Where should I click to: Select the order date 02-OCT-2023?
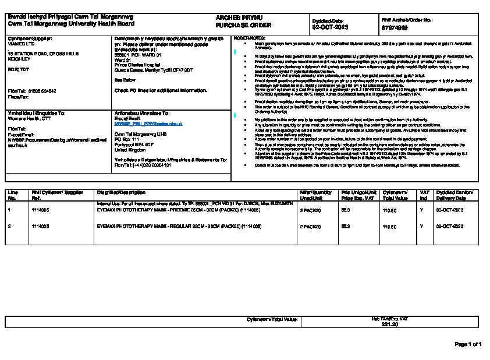click(x=329, y=27)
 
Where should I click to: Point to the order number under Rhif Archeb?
click(x=395, y=27)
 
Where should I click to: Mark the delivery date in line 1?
click(x=449, y=210)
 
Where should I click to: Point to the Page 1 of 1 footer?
click(x=468, y=344)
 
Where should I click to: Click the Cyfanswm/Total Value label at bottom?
click(x=272, y=319)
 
